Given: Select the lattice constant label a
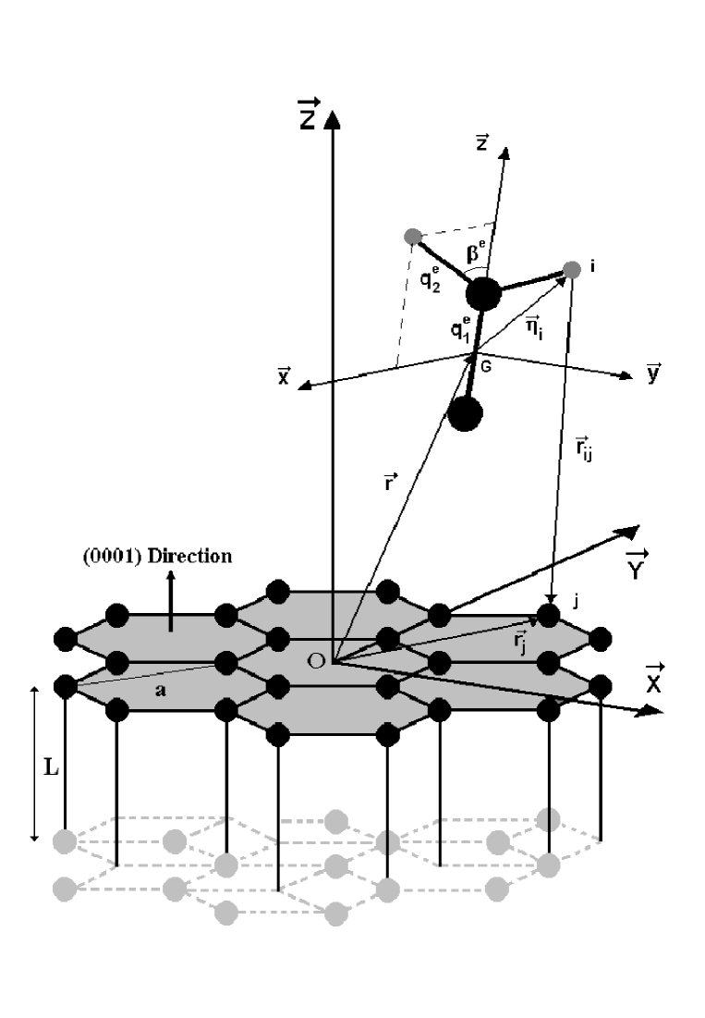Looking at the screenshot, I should [x=159, y=690].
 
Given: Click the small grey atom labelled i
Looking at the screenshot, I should [x=571, y=270].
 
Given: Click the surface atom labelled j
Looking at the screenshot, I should [x=551, y=614].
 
